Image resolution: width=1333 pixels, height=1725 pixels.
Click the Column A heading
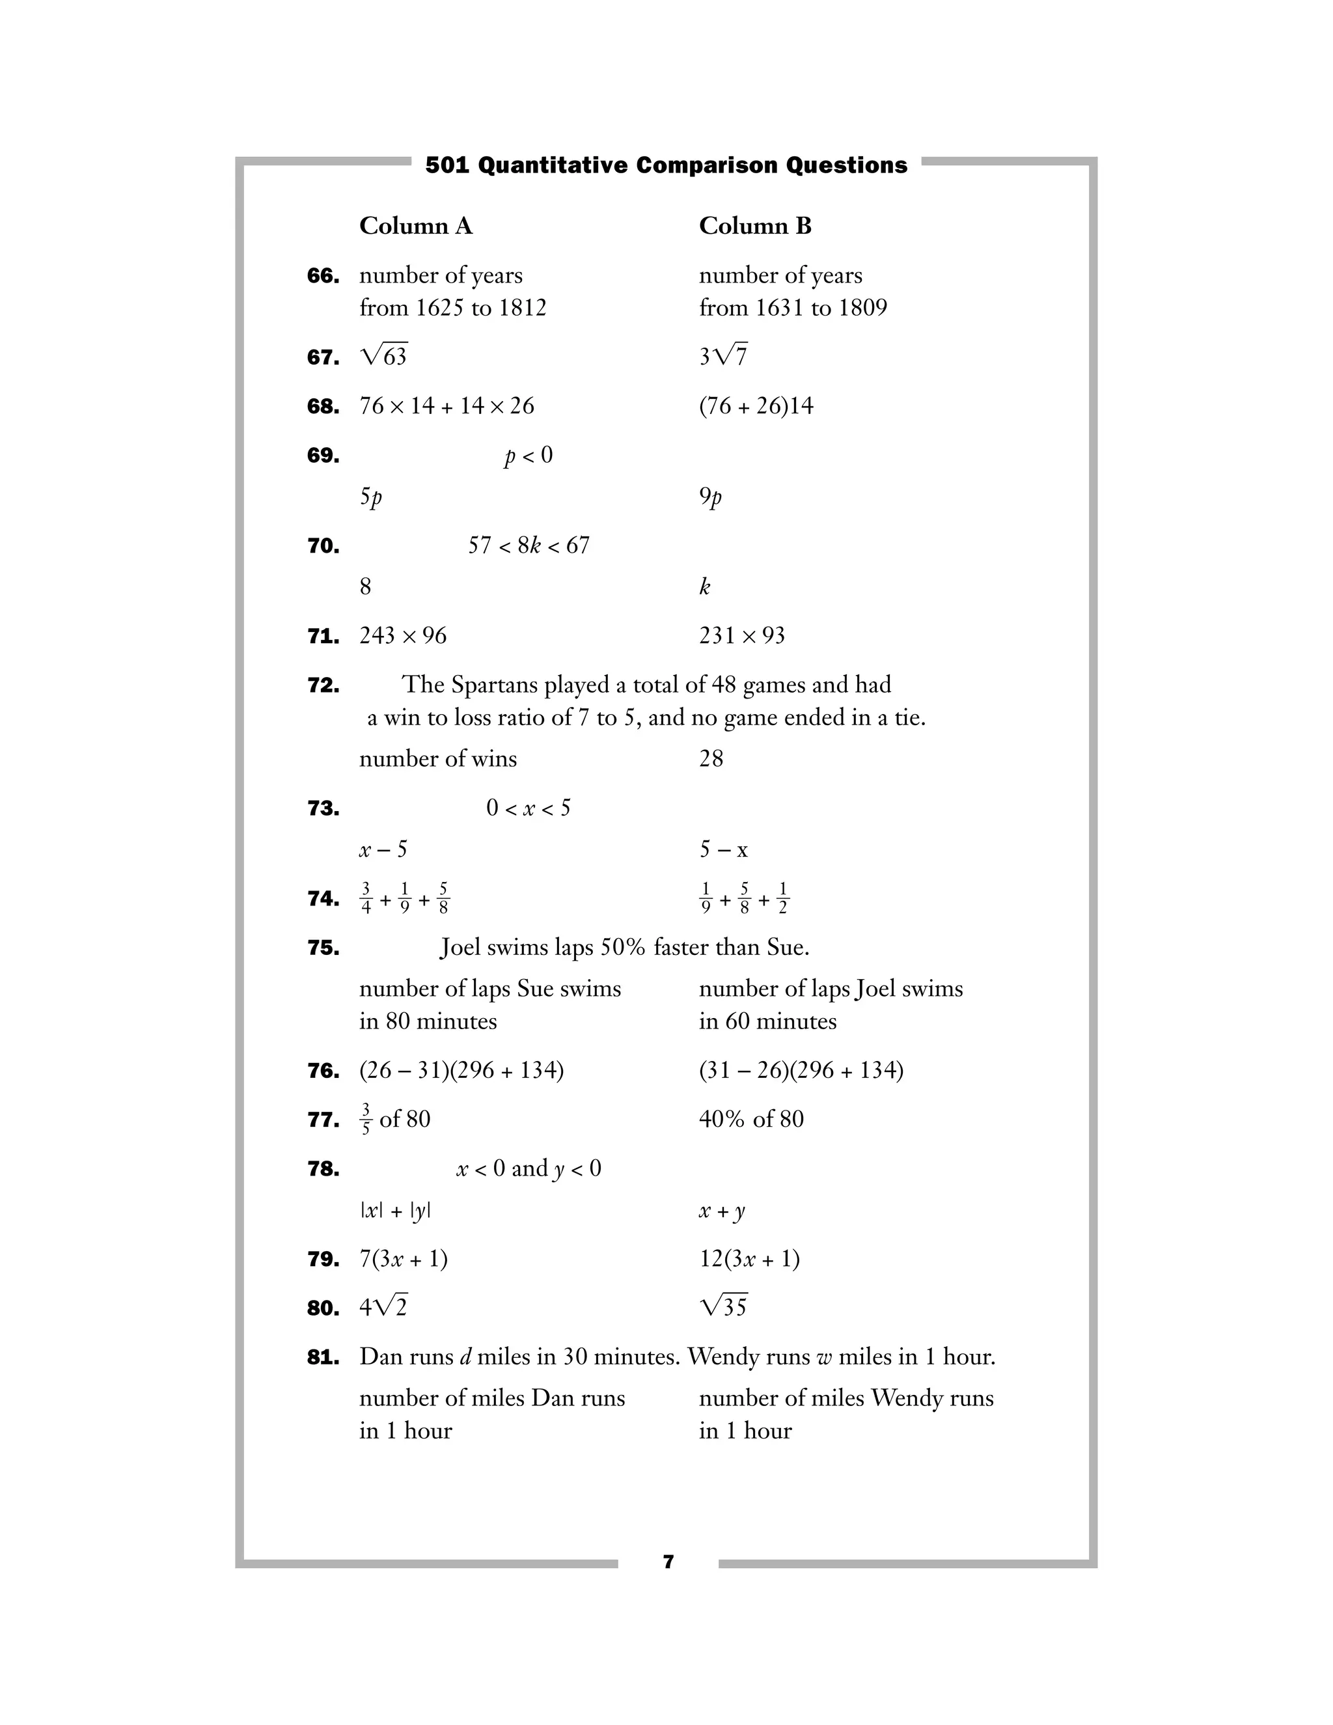point(415,226)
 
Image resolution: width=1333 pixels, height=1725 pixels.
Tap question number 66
point(323,277)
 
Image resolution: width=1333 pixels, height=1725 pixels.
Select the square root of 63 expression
point(384,356)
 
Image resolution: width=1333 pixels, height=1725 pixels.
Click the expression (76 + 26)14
point(756,406)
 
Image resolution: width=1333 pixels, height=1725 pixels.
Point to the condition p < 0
point(529,456)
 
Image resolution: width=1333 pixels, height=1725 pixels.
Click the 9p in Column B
point(710,497)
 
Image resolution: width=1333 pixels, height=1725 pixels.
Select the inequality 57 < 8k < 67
point(529,545)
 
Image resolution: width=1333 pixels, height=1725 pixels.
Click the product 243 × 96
point(403,636)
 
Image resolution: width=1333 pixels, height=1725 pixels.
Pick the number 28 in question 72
point(711,759)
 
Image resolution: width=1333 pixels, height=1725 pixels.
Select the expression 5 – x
point(722,850)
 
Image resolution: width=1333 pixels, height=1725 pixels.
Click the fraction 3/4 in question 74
point(366,899)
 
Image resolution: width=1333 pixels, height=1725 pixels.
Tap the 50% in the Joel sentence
point(622,947)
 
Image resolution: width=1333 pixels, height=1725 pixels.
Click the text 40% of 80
point(751,1119)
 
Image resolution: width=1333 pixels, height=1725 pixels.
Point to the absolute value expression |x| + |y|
point(395,1211)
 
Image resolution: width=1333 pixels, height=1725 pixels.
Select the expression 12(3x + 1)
point(749,1259)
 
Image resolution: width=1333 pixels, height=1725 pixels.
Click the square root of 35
point(723,1307)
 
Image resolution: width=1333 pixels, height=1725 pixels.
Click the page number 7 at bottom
point(668,1562)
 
